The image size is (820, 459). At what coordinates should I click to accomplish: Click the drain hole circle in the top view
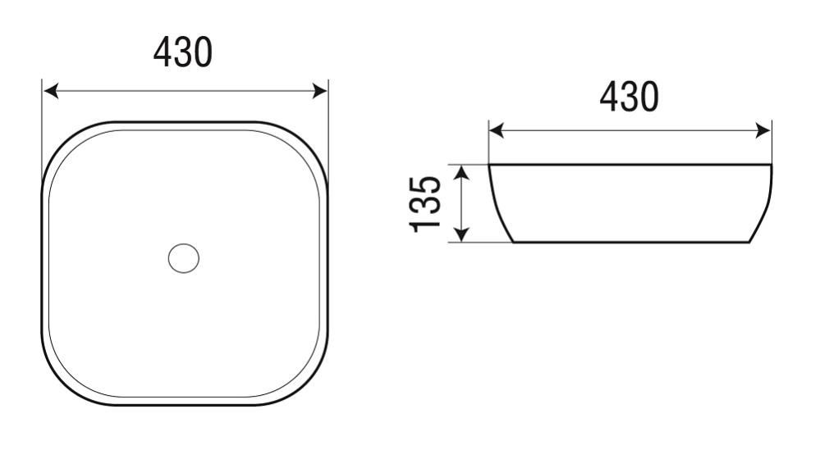click(x=184, y=258)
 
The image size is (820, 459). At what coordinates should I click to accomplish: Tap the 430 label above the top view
click(x=183, y=52)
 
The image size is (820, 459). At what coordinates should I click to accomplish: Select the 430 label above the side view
click(x=629, y=97)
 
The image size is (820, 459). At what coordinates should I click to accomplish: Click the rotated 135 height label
click(x=425, y=203)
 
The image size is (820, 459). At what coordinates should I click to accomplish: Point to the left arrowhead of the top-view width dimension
click(x=51, y=91)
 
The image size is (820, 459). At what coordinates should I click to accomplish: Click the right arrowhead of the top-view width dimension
click(x=319, y=91)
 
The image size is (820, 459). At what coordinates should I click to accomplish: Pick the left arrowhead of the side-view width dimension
click(x=497, y=130)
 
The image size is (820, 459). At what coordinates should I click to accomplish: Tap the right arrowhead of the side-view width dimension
click(x=763, y=130)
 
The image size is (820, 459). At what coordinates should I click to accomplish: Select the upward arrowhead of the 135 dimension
click(x=460, y=172)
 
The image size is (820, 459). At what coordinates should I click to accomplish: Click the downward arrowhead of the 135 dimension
click(x=460, y=235)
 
